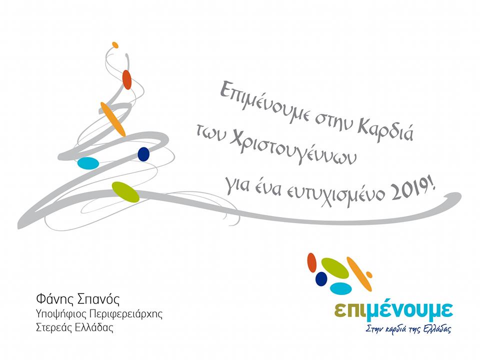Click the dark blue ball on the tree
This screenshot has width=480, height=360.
click(x=143, y=154)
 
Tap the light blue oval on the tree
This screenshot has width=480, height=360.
click(x=88, y=163)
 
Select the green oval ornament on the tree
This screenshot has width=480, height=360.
click(x=125, y=192)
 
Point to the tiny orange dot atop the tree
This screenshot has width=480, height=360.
click(x=115, y=45)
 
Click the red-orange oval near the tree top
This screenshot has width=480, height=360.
click(x=126, y=79)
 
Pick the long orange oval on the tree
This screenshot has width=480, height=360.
click(x=113, y=119)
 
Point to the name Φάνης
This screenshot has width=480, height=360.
click(x=54, y=299)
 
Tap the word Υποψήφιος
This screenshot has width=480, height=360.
click(x=61, y=314)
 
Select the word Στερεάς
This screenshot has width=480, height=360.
click(x=54, y=327)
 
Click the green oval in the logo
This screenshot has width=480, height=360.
click(x=335, y=268)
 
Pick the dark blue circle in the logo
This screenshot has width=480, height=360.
click(x=321, y=278)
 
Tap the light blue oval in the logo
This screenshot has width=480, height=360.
click(x=340, y=288)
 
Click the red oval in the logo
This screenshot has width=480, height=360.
click(x=312, y=262)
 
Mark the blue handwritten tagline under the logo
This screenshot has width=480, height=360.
click(x=408, y=329)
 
